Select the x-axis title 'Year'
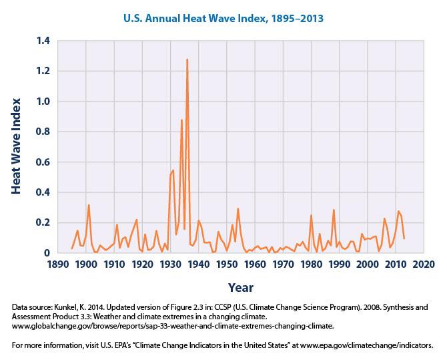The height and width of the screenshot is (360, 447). click(x=240, y=287)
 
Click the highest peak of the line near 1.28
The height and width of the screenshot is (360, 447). click(x=187, y=59)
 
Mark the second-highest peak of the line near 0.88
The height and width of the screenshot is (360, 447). click(x=181, y=120)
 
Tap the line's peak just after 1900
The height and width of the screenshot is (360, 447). click(x=89, y=205)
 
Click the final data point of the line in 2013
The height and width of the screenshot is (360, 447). click(x=404, y=238)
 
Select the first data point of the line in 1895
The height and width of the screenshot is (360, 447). click(x=71, y=248)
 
